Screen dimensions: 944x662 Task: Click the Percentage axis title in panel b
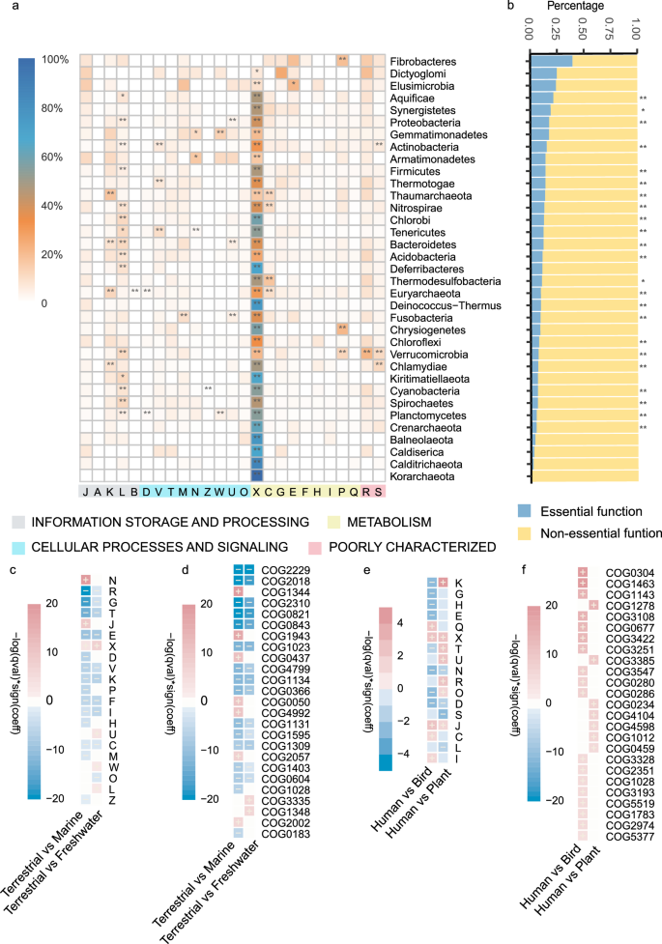(575, 7)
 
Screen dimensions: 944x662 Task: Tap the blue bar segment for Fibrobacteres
(550, 61)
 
